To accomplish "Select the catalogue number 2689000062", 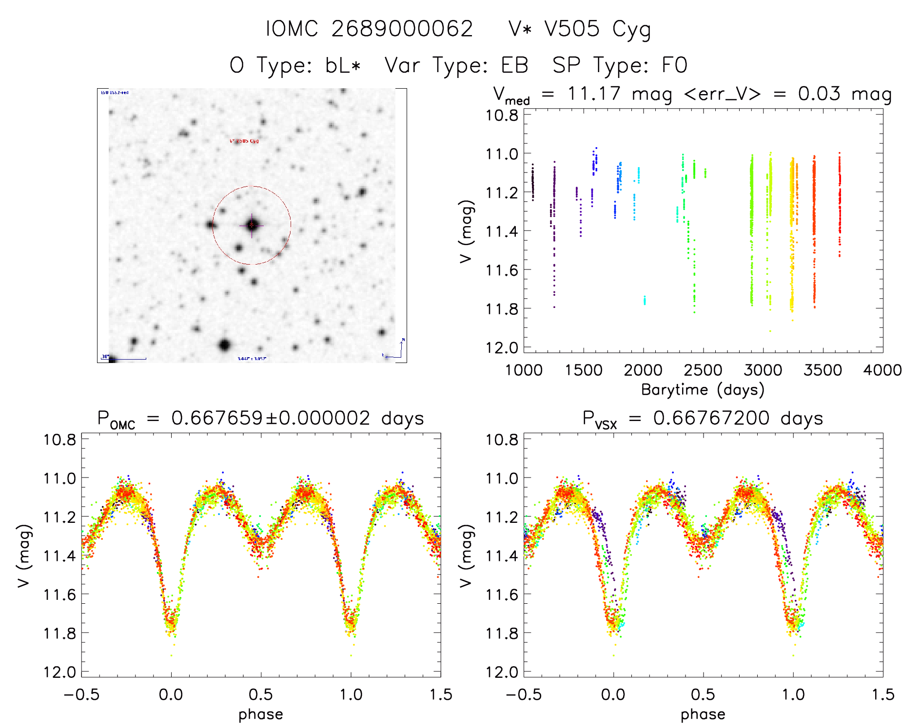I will point(402,29).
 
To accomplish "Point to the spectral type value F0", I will point(674,65).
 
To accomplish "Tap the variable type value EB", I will point(515,65).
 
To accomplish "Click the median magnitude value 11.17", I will point(594,94).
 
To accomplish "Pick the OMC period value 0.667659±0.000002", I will point(271,419).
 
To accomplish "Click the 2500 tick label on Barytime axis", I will point(703,370).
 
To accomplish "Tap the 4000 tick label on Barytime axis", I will point(882,370).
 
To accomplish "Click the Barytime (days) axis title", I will point(703,390).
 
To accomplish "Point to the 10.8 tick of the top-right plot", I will point(502,115).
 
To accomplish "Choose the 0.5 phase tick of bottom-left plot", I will point(261,695).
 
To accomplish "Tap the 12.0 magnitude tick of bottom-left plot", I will point(60,672).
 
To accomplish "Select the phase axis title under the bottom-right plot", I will point(703,714).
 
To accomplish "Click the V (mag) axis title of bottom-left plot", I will point(24,556).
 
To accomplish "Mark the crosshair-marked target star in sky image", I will point(252,225).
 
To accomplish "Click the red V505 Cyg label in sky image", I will point(244,141).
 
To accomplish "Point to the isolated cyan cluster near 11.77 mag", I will point(645,300).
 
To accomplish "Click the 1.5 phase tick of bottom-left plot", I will point(441,695).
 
